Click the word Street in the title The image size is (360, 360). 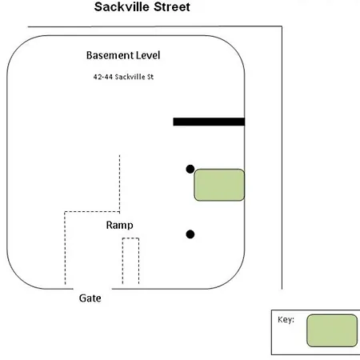(x=172, y=7)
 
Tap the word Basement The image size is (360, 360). (x=110, y=55)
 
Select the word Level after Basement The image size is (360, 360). (x=148, y=55)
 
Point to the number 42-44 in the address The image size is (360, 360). (x=102, y=77)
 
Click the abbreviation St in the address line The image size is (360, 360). (x=150, y=77)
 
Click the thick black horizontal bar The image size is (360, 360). (x=209, y=122)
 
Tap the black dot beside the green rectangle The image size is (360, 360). (x=190, y=169)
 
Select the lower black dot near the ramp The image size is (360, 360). (x=190, y=234)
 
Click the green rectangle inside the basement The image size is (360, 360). (x=219, y=185)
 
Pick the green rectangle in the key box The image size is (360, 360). (x=332, y=330)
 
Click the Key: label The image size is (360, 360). (x=286, y=319)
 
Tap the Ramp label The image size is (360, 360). (x=119, y=226)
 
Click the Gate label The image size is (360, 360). (x=90, y=298)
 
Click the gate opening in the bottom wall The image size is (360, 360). (x=93, y=289)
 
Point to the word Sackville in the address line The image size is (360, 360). (x=130, y=77)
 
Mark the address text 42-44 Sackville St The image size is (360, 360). (x=123, y=77)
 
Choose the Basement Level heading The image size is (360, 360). (x=123, y=55)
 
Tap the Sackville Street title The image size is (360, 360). (x=142, y=7)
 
